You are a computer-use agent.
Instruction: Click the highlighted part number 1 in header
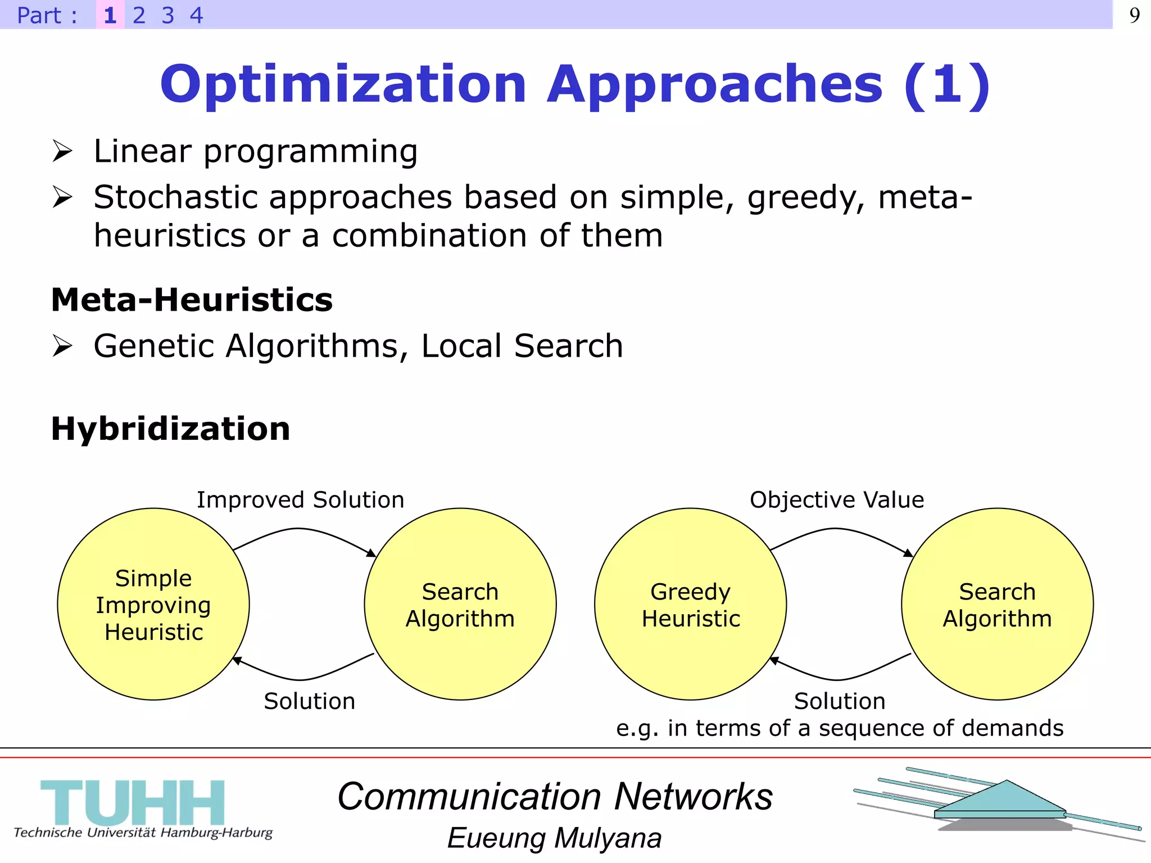pos(110,15)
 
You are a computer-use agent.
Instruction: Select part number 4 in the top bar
pos(196,15)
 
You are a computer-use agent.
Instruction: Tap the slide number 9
pos(1134,15)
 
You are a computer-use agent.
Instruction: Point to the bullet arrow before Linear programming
pos(62,151)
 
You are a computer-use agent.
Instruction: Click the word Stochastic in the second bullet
pos(175,197)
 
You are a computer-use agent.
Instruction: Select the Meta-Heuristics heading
pos(192,299)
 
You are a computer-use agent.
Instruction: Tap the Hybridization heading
pos(170,429)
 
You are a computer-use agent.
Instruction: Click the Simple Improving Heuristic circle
pos(153,605)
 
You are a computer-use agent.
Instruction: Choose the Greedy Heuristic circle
pos(690,605)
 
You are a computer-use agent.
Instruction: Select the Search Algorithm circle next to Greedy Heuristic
pos(997,605)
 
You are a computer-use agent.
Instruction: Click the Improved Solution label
pos(300,499)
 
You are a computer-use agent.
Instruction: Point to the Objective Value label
pos(836,499)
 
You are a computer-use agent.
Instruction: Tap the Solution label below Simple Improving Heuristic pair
pos(310,701)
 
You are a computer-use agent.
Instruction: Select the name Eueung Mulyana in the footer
pos(554,838)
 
